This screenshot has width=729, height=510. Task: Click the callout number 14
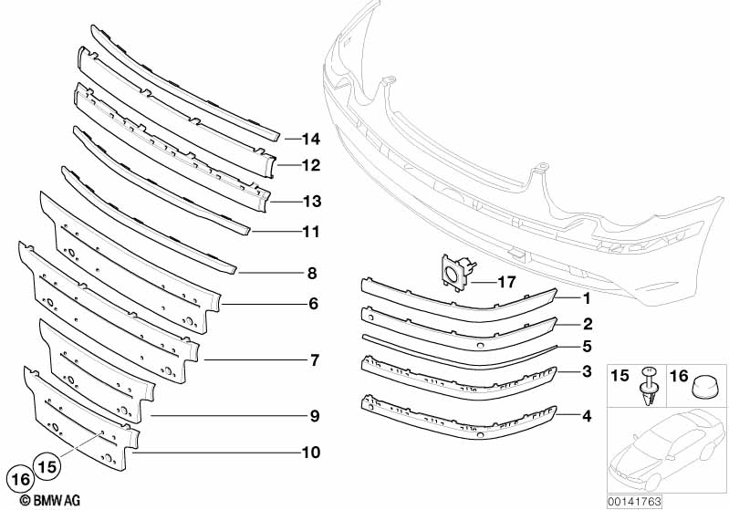[311, 140]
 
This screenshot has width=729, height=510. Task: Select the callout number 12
[311, 166]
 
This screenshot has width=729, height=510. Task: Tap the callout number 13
[311, 201]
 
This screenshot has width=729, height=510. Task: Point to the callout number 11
[311, 232]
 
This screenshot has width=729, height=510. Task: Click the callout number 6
[312, 302]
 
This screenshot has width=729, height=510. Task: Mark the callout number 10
[311, 450]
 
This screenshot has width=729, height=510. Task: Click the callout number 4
[588, 416]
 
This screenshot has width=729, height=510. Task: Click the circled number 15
[47, 463]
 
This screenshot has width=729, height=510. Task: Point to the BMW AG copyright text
[37, 500]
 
